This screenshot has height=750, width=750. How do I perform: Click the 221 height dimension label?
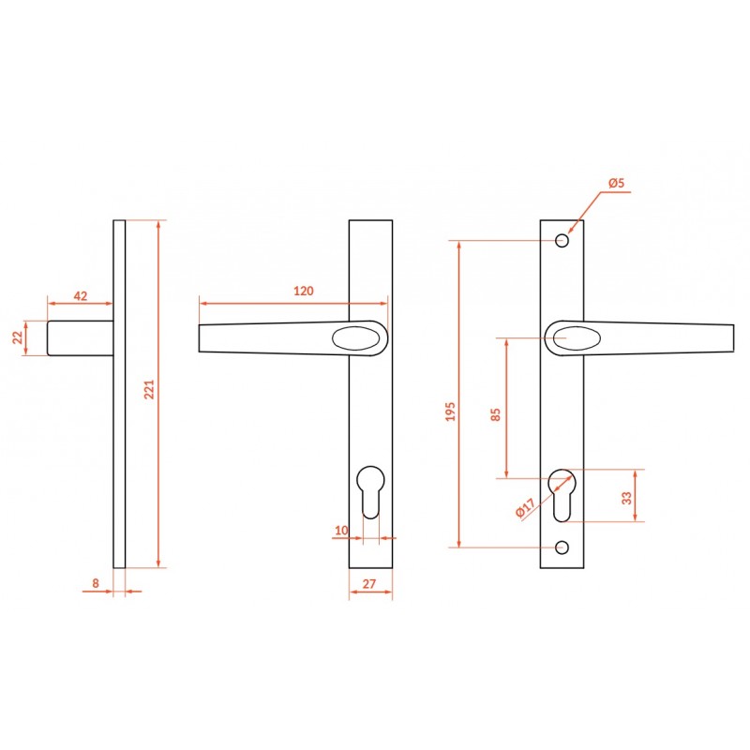click(x=150, y=389)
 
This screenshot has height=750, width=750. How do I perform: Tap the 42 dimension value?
click(x=81, y=296)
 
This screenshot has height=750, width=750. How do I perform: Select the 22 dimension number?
click(x=18, y=337)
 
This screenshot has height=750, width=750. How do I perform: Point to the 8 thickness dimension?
click(x=96, y=583)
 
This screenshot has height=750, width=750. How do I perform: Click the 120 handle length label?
click(x=303, y=291)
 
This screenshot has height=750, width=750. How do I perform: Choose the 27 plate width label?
click(x=369, y=584)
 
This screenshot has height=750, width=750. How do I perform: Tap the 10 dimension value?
click(x=341, y=531)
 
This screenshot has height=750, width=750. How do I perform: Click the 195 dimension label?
click(x=451, y=412)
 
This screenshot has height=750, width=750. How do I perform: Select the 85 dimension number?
click(x=496, y=414)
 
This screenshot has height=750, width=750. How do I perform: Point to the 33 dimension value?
click(x=626, y=498)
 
